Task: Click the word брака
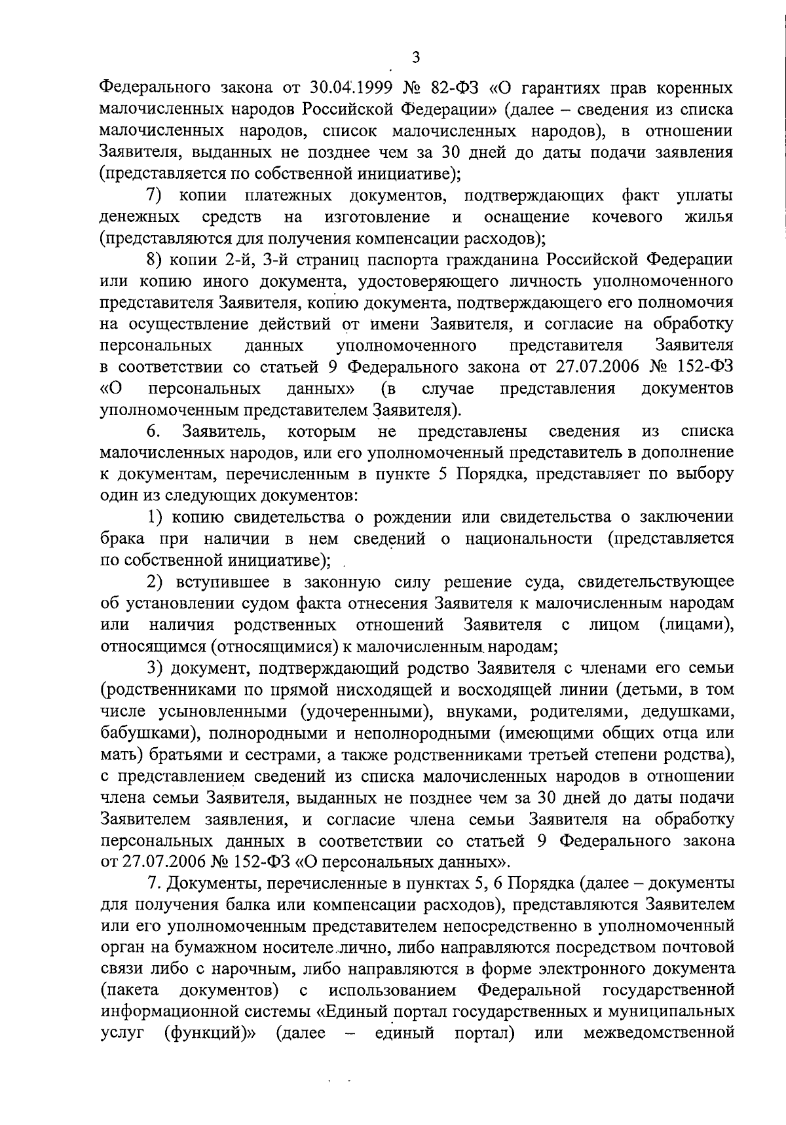click(121, 539)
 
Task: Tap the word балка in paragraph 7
click(257, 905)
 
